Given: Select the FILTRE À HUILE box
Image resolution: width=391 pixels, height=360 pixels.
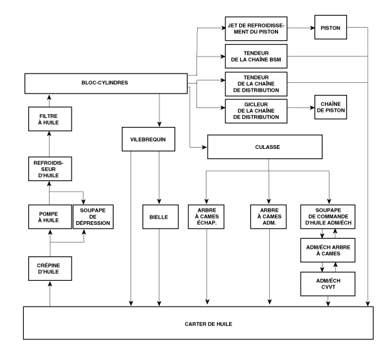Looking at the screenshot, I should pos(50,120).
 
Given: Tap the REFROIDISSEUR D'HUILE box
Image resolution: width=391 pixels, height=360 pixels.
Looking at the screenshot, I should pos(50,170).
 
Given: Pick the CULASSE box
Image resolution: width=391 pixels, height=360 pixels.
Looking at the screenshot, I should pos(269,146).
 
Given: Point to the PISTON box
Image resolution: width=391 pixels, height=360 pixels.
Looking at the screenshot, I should pos(331,28).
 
